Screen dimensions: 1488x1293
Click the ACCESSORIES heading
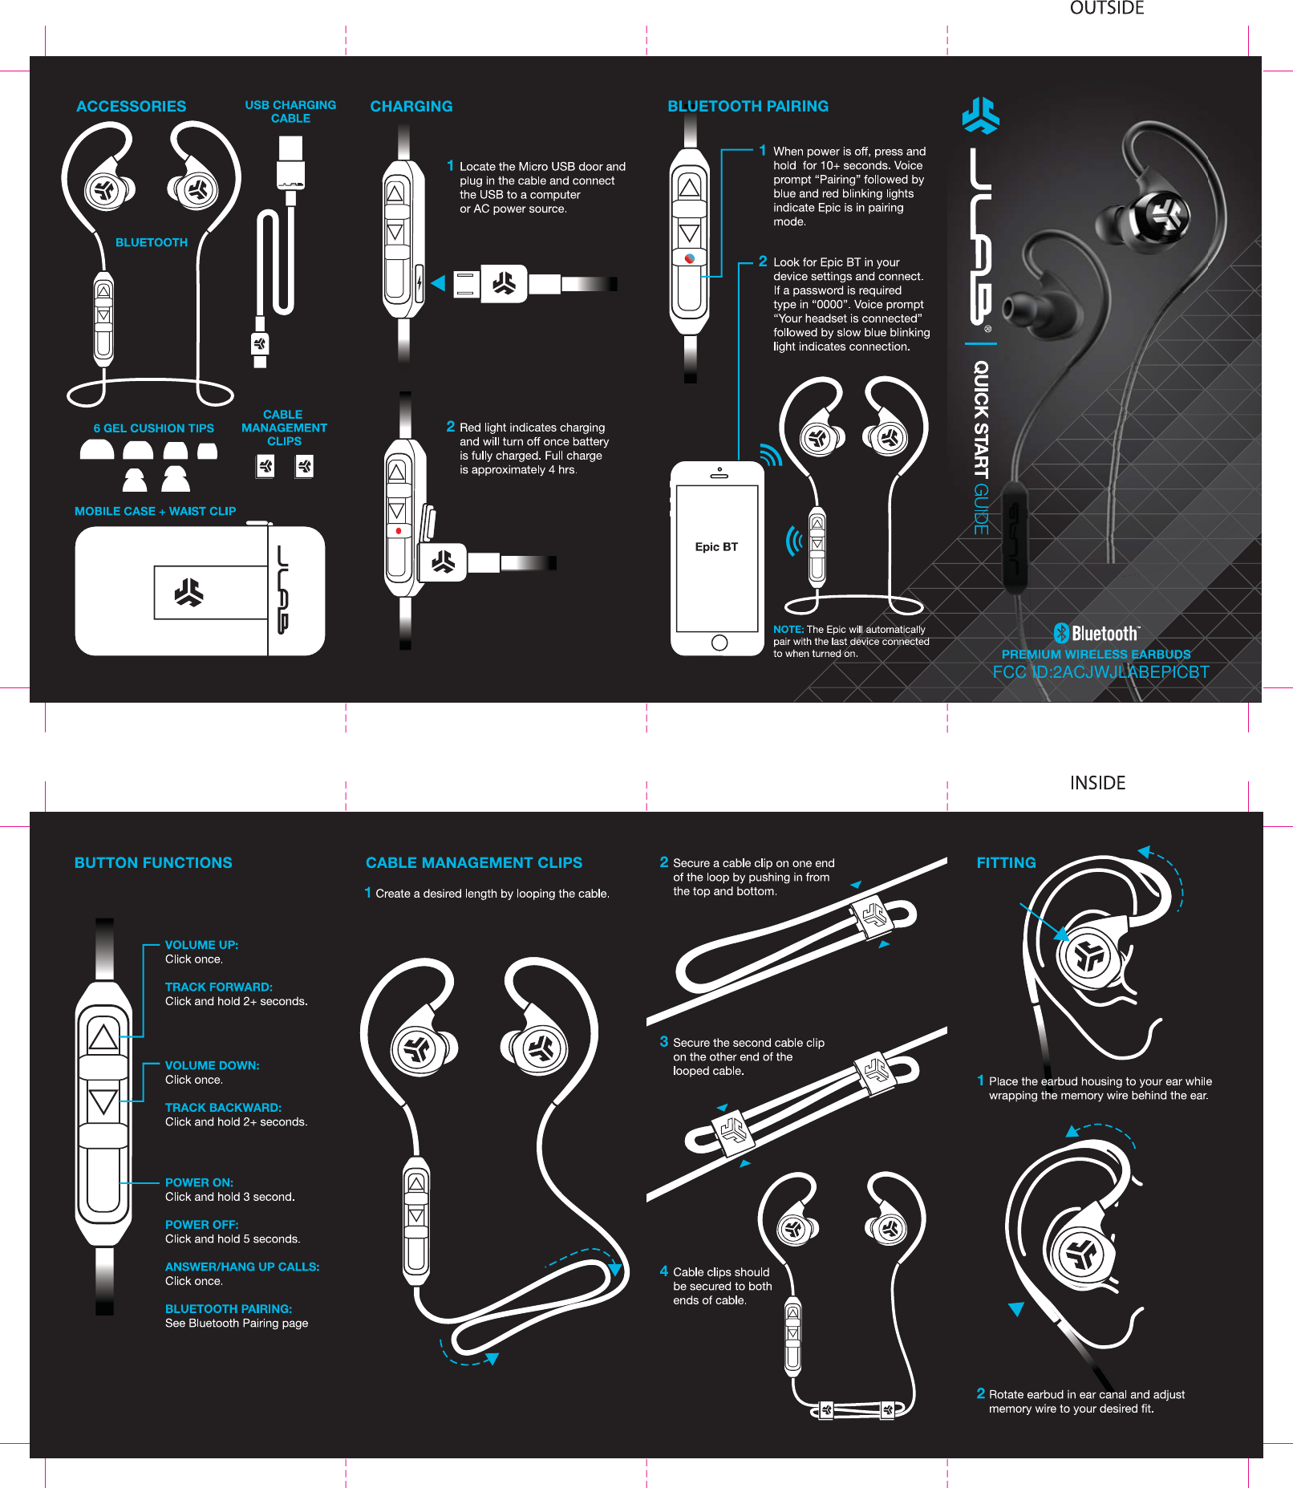point(131,107)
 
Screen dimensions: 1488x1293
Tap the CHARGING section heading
point(411,107)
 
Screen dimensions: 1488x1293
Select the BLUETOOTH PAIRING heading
point(748,107)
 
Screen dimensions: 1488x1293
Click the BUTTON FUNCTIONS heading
point(153,863)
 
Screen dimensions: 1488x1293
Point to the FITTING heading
point(1006,863)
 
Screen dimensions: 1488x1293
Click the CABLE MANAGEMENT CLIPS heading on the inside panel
point(473,863)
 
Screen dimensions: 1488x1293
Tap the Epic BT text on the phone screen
point(716,547)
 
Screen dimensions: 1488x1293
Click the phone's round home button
point(719,643)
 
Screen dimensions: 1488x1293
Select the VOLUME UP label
point(201,945)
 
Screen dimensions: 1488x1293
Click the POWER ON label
point(199,1182)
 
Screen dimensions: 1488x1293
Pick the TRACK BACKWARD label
point(223,1108)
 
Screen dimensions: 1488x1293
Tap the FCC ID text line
point(1100,672)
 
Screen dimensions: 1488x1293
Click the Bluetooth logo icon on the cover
point(1062,633)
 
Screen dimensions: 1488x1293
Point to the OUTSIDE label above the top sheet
point(1107,8)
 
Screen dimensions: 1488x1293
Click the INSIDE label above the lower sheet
point(1097,783)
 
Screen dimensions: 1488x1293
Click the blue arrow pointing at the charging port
point(438,283)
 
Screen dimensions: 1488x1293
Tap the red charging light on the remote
point(399,531)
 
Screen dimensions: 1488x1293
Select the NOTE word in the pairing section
point(788,630)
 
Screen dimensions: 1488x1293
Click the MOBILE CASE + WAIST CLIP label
point(155,511)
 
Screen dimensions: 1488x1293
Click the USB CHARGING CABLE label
point(290,111)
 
